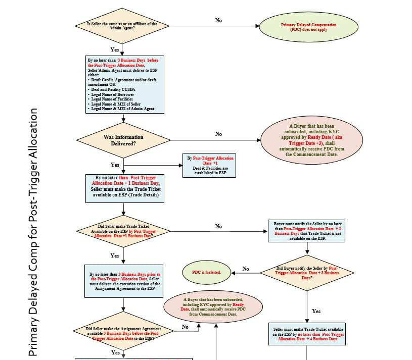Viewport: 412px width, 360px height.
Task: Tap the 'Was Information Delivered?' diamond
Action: (124, 140)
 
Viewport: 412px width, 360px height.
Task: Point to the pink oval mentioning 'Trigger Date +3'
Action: (312, 140)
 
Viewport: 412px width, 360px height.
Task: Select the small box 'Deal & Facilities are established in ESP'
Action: (209, 165)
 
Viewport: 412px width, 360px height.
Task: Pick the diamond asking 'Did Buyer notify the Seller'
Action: (307, 272)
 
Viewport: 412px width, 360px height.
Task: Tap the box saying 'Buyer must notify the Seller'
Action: (307, 231)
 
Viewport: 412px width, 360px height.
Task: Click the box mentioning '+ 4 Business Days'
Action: (308, 334)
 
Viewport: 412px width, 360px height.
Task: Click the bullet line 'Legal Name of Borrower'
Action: (112, 94)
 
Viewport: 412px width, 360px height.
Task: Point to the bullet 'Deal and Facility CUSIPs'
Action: (114, 89)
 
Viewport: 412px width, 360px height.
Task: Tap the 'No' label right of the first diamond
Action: (218, 20)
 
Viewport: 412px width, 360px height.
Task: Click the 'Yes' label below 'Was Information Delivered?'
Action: (115, 165)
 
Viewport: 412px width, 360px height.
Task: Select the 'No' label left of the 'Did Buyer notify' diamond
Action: (245, 269)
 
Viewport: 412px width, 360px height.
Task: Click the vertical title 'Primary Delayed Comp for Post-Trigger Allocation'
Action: (33, 232)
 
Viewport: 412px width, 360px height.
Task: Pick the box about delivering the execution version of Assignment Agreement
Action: (124, 281)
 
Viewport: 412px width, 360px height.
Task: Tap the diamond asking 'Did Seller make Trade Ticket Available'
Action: (124, 232)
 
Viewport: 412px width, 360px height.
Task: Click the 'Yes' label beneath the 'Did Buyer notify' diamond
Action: (316, 311)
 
